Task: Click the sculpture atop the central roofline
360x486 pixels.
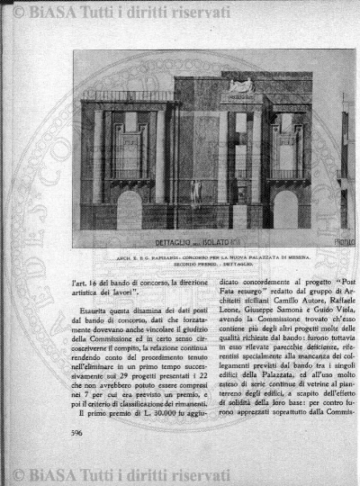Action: [214, 85]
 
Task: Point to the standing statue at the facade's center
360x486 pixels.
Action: [196, 193]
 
